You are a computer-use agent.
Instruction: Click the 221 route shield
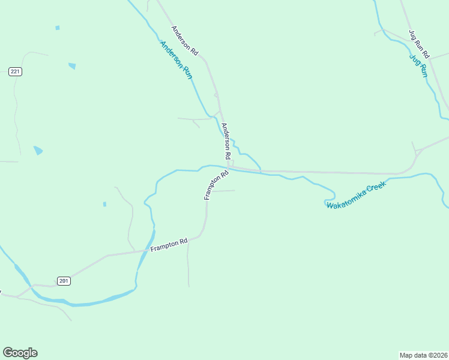[16, 72]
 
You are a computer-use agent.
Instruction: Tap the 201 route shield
[64, 281]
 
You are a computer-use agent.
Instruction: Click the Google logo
[20, 353]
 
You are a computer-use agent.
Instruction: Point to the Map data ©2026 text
[424, 355]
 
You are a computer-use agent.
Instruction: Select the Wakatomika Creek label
[355, 196]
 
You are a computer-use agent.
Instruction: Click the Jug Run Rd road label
[419, 43]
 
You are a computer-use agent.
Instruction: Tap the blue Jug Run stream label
[418, 66]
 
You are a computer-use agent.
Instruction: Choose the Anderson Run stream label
[176, 61]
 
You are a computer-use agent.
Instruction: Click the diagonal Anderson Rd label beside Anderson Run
[184, 41]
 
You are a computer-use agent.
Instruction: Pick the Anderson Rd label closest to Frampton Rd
[226, 141]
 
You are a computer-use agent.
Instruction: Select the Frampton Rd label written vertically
[216, 185]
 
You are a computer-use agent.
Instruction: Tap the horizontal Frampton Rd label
[169, 245]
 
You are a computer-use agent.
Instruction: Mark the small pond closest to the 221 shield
[72, 66]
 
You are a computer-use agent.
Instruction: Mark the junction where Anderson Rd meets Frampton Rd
[230, 168]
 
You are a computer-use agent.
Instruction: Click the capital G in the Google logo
[8, 353]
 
